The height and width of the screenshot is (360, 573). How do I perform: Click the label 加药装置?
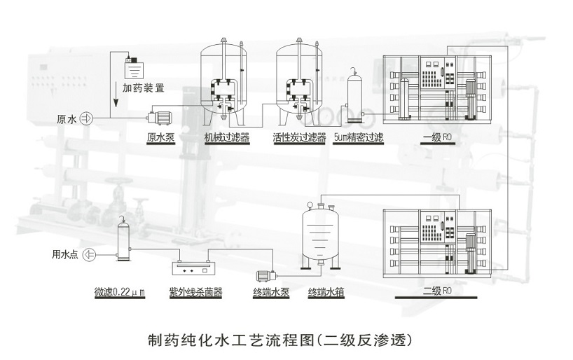pos(144,88)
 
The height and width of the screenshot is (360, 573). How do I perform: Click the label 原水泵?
pos(160,137)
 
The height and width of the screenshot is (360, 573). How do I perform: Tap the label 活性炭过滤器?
pos(299,137)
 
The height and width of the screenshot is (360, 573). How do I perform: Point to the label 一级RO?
pos(439,137)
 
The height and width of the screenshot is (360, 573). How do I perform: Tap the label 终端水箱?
pos(326,292)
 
